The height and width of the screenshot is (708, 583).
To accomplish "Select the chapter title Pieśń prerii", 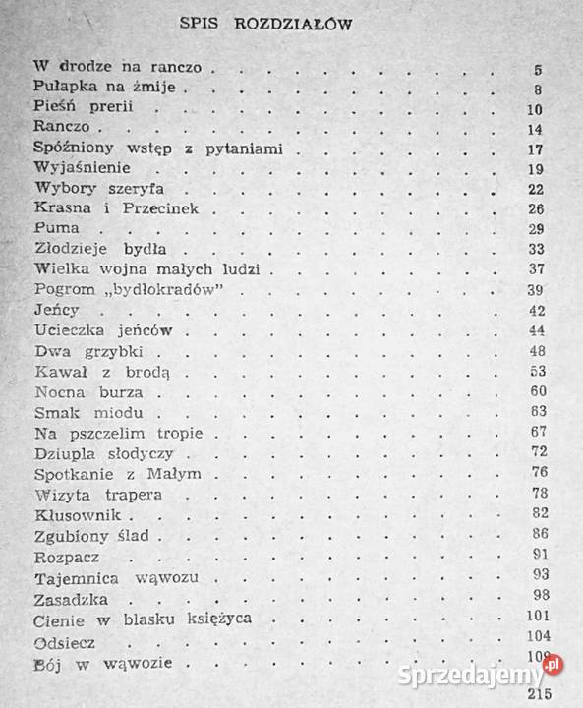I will pos(83,108).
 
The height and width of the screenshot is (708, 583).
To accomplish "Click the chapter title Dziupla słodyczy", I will pos(103,453).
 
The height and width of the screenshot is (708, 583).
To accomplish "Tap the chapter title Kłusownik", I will pos(82,514).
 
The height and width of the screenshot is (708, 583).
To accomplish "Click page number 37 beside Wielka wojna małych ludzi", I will pos(535,269).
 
